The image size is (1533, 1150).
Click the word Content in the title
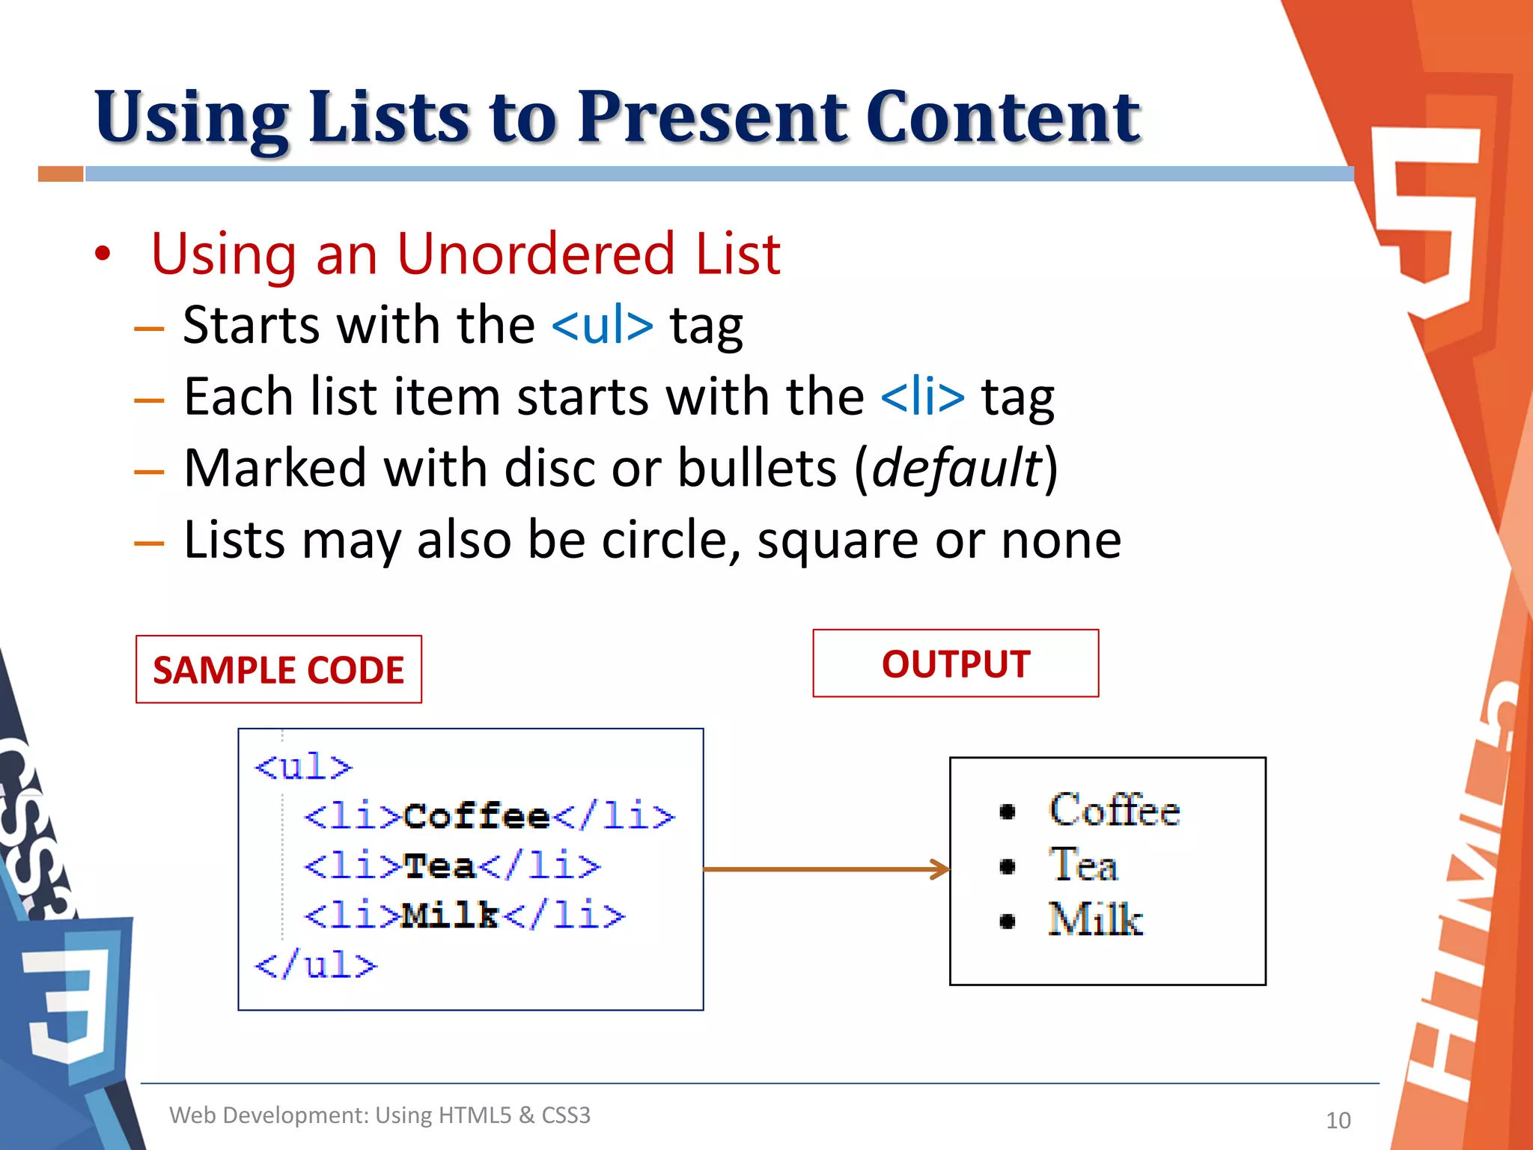coord(1002,118)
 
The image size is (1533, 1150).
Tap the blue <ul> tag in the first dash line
coord(603,326)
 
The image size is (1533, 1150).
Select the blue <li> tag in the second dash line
coord(923,398)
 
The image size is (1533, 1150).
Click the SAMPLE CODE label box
coord(278,669)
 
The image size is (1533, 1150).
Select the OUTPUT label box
coord(955,663)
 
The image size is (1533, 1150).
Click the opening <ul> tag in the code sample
coord(303,767)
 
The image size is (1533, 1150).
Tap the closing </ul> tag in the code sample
coord(316,965)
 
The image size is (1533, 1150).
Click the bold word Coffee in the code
coord(477,816)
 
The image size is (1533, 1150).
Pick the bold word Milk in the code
coord(450,915)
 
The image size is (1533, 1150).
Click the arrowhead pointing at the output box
coord(940,869)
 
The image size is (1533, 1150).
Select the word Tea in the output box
coord(1084,865)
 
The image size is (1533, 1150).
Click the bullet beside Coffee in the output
coord(1008,812)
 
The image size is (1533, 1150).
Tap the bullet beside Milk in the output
coord(1008,922)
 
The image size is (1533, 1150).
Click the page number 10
coord(1338,1120)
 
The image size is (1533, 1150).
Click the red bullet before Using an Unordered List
coord(103,254)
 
